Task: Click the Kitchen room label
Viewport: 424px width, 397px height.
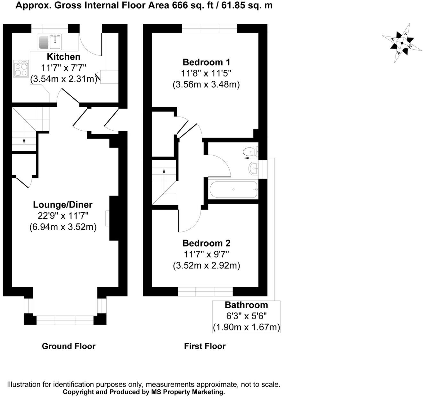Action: [x=63, y=57]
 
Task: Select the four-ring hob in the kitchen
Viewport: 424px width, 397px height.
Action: [x=21, y=69]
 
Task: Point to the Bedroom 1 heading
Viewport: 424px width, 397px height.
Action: [x=206, y=62]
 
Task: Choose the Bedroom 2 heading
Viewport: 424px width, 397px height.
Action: [x=206, y=243]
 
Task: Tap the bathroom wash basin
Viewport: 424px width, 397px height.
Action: [x=253, y=168]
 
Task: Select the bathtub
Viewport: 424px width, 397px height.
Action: [x=233, y=189]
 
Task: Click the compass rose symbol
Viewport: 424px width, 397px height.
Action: [x=402, y=43]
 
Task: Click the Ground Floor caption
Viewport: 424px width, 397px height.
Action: [x=69, y=346]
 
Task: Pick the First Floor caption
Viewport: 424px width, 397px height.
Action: [x=205, y=346]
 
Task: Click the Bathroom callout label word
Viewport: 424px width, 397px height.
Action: [x=246, y=305]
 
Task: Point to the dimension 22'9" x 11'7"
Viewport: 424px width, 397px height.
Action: [x=63, y=216]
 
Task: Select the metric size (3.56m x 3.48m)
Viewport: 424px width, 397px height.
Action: [x=206, y=85]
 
